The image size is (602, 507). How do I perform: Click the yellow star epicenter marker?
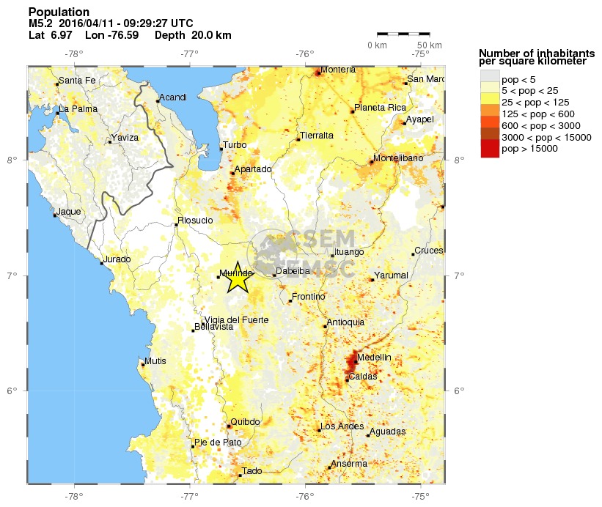point(237,277)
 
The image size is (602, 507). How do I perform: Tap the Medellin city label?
point(374,358)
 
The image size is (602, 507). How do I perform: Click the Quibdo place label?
point(245,422)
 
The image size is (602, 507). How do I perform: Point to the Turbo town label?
point(235,145)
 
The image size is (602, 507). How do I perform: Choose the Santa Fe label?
point(76,81)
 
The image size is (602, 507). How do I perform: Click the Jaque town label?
point(69,212)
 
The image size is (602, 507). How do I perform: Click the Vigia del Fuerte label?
point(237,319)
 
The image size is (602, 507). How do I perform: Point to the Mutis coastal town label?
point(155,360)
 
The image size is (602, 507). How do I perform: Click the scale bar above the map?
point(403,34)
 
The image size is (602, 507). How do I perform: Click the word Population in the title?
point(59,12)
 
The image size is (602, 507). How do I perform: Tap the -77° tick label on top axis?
point(190,53)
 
